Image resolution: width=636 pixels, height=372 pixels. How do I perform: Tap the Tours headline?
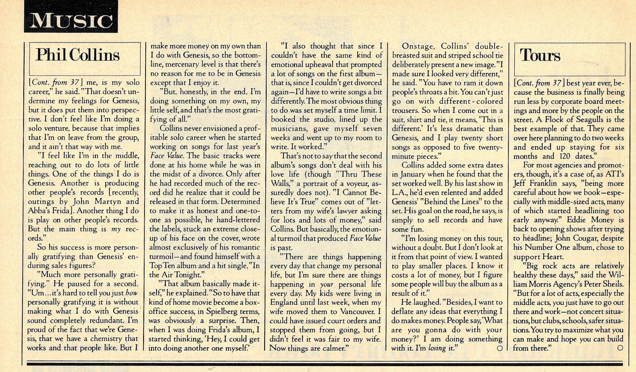tap(540, 56)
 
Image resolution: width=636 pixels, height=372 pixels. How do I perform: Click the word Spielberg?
tap(221, 311)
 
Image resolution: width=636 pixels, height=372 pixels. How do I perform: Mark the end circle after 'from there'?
tap(620, 348)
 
